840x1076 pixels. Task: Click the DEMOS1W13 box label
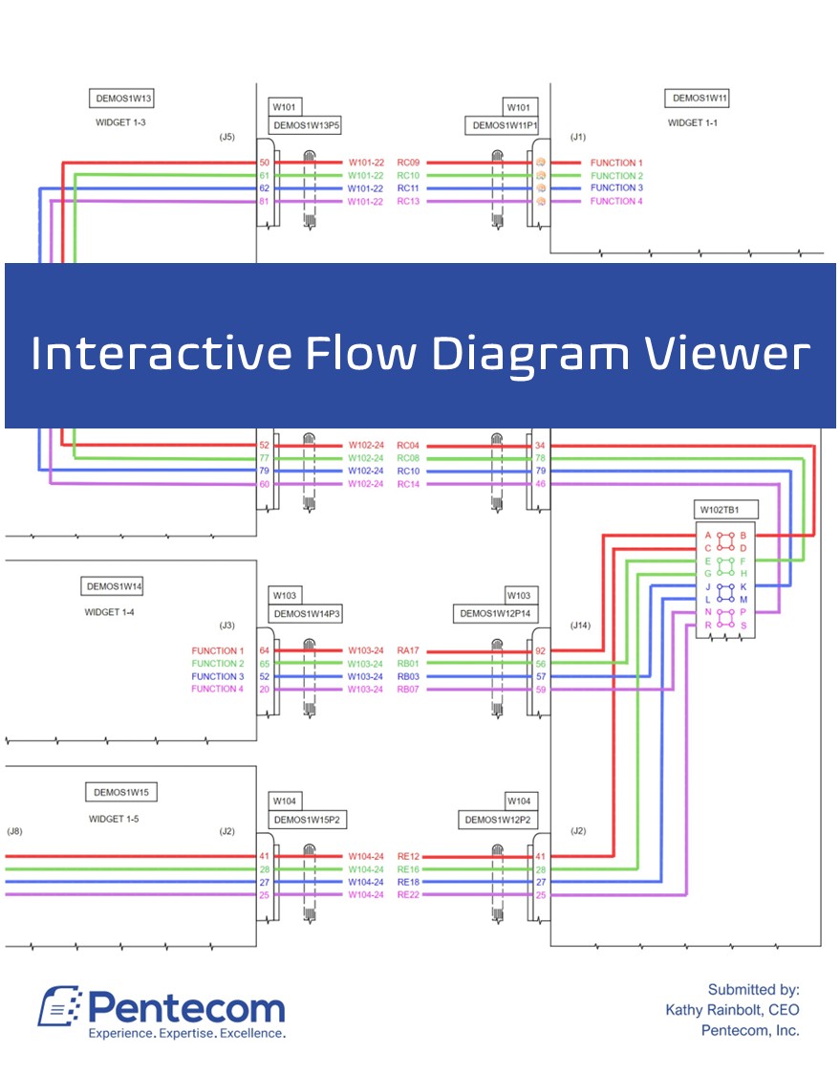point(123,99)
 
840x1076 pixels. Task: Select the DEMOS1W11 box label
point(700,99)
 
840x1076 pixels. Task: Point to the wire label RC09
point(408,163)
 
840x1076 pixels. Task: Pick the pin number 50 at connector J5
point(264,163)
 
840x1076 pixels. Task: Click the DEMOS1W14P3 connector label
point(307,614)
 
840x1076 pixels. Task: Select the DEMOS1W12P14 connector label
point(497,614)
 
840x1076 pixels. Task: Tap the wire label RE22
point(408,894)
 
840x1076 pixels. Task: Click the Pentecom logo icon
point(60,1007)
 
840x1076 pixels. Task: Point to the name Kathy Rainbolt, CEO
point(732,1010)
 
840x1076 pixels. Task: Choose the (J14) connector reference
point(580,626)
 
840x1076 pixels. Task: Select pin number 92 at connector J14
point(540,650)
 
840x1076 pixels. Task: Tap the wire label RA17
point(408,650)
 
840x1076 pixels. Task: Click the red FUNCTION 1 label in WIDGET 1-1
point(616,163)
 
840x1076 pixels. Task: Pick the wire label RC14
point(408,484)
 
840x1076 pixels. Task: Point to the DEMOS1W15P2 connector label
point(307,820)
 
